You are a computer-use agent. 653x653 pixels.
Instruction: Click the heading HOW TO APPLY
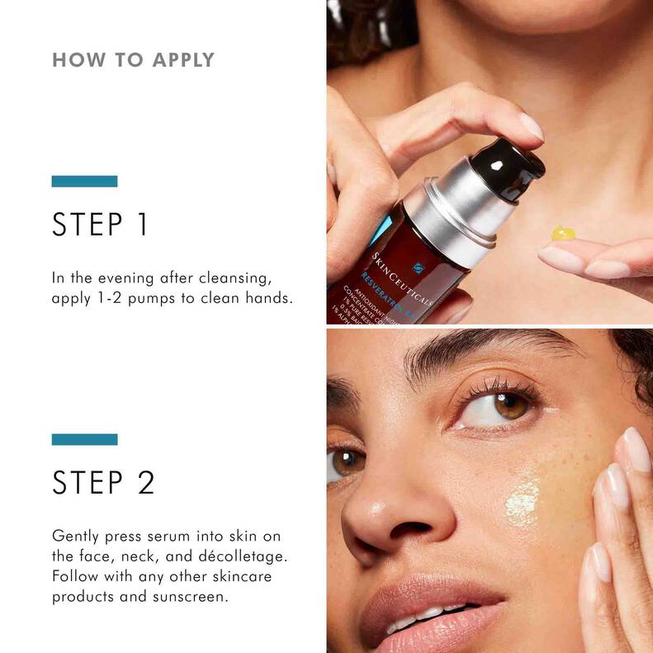133,59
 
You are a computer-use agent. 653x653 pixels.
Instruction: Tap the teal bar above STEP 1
84,181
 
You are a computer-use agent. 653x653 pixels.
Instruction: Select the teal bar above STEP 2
84,439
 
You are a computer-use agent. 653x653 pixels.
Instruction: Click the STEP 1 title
100,225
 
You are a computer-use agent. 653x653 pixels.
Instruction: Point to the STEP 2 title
103,483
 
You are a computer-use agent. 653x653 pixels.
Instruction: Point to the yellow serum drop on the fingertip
561,234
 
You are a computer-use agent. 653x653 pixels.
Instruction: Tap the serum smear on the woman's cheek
523,499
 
